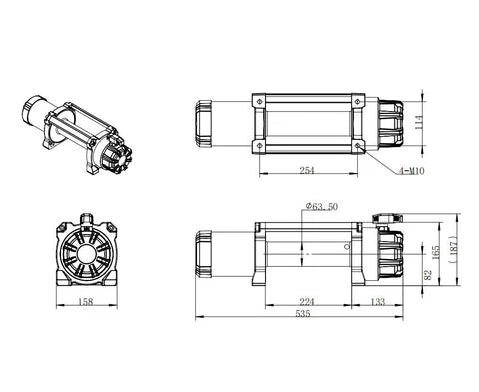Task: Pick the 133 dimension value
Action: point(380,300)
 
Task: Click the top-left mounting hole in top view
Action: point(259,101)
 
